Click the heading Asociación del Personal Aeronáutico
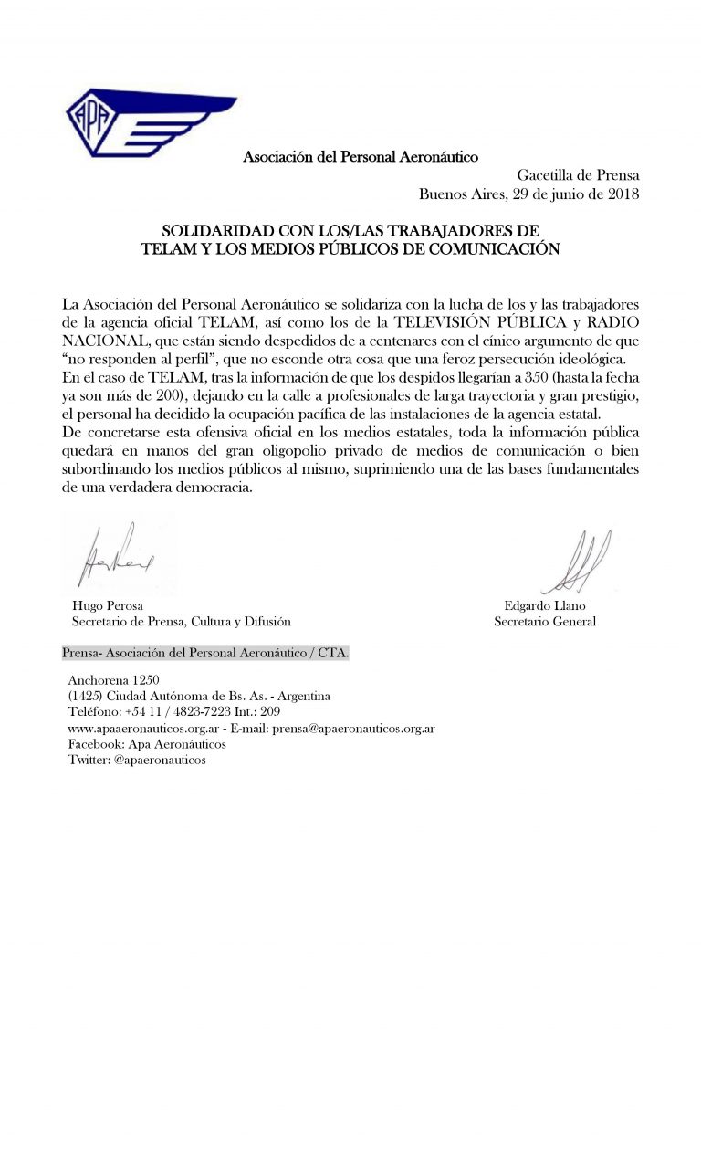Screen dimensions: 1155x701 tap(361, 157)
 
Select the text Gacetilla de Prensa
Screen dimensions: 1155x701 tap(579, 175)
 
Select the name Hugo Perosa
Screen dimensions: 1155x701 tap(107, 605)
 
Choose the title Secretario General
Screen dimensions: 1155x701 tap(544, 622)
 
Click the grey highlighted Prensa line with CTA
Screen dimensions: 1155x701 tap(204, 655)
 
